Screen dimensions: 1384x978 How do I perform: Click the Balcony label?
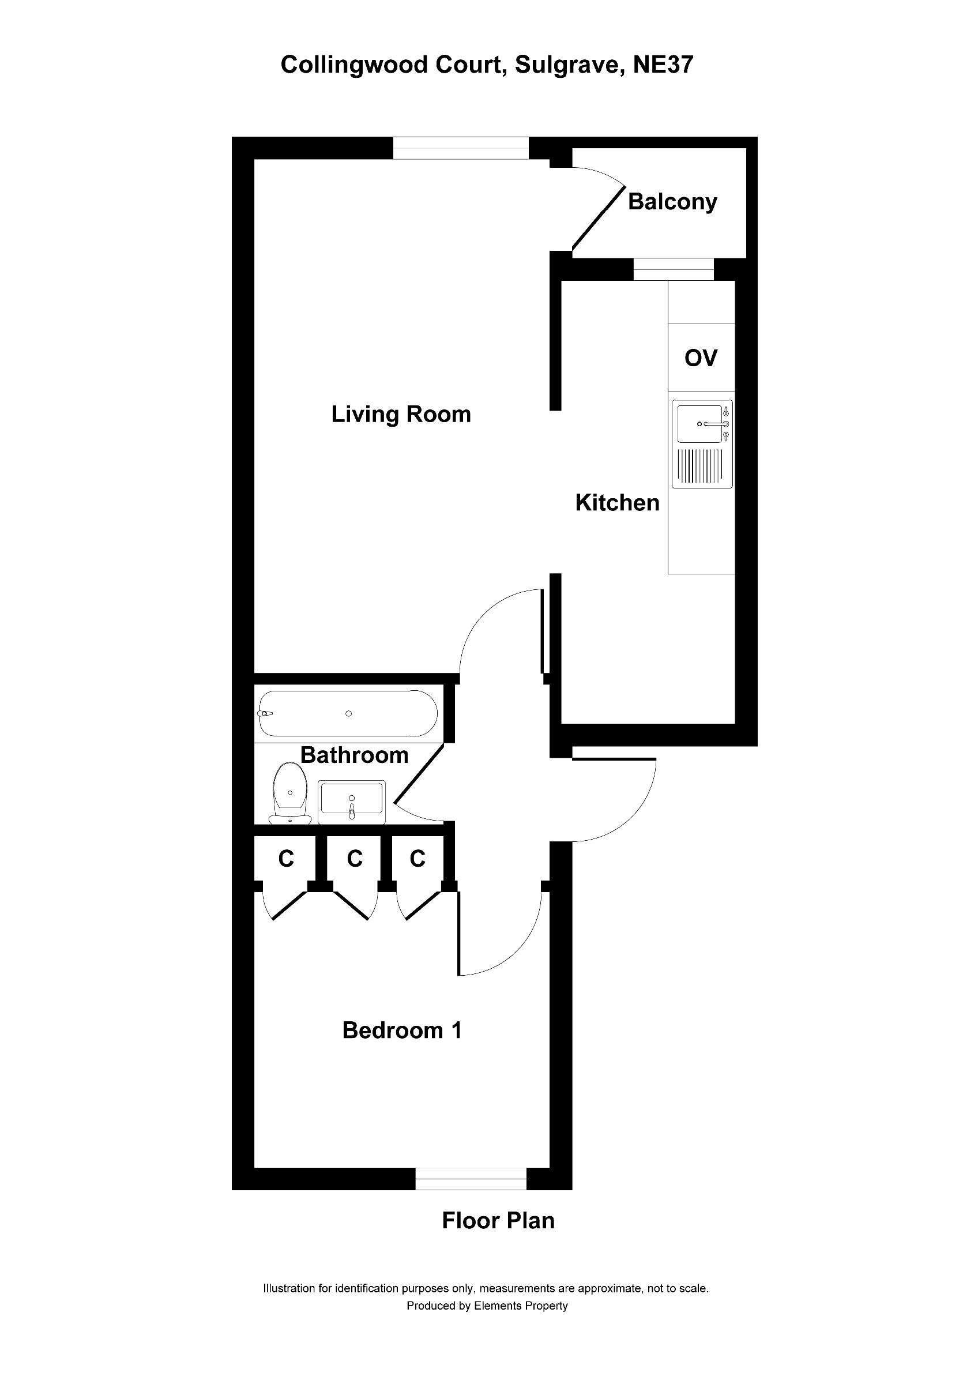click(672, 201)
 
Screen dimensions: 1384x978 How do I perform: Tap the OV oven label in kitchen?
click(701, 358)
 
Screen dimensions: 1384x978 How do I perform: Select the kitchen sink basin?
click(699, 424)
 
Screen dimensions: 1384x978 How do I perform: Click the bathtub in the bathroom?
click(348, 714)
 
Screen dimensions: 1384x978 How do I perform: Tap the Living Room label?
click(401, 415)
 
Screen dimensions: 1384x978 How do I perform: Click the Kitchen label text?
click(617, 503)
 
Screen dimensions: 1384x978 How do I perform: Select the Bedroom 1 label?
click(402, 1030)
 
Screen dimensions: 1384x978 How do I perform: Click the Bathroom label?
click(354, 755)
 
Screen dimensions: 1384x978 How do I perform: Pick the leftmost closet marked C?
click(285, 859)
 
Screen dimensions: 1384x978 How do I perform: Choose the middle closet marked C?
click(354, 859)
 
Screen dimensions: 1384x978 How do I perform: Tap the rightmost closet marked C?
click(417, 859)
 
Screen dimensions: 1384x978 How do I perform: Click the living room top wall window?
click(461, 148)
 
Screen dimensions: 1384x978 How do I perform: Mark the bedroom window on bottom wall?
click(471, 1179)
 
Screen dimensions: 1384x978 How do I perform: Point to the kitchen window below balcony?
click(673, 269)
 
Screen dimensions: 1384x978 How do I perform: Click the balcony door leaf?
click(598, 218)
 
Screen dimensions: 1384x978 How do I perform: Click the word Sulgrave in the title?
click(568, 65)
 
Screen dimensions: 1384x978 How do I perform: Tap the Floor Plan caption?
click(498, 1221)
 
